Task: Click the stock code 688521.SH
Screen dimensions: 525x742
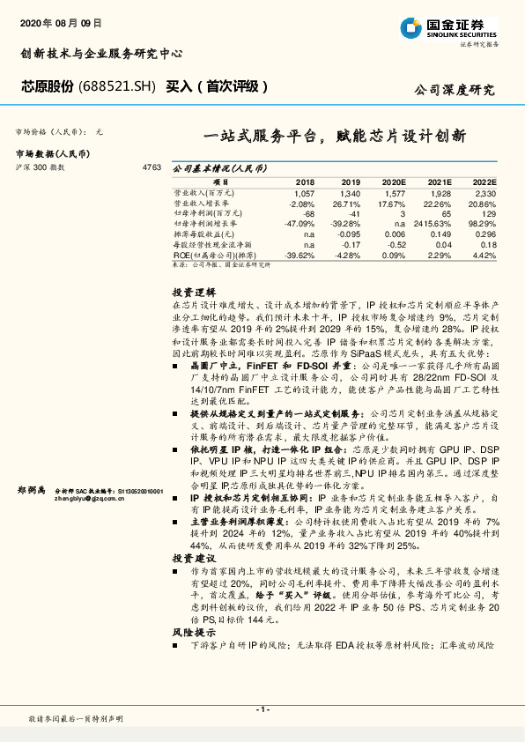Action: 119,86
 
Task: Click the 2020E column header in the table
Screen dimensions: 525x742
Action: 394,182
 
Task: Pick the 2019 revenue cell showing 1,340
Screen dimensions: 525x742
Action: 350,192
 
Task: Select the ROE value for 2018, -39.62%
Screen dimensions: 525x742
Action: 299,256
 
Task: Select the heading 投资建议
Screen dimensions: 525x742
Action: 192,558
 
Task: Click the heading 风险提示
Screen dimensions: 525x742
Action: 192,633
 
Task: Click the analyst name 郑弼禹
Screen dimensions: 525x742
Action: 33,489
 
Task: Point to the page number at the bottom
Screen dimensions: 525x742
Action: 262,709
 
